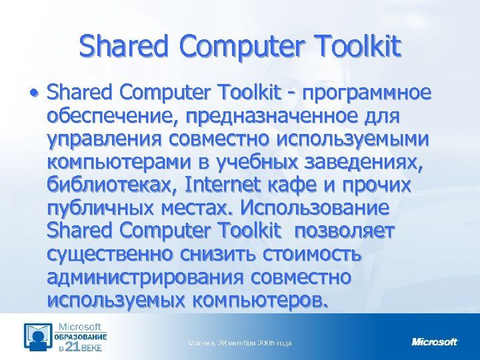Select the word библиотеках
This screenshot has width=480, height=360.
(111, 185)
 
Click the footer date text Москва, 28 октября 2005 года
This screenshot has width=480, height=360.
(240, 343)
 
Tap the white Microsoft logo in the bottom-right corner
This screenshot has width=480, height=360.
(435, 342)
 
